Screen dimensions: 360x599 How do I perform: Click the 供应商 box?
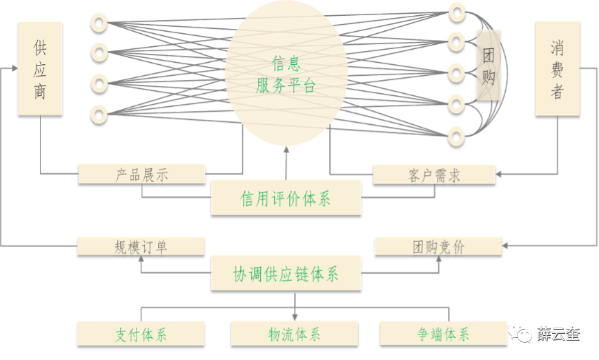40,68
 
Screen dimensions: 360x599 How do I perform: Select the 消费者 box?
558,68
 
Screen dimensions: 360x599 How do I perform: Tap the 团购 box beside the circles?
489,66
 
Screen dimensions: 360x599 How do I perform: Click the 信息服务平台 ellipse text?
285,75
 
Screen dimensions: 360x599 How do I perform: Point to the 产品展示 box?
141,174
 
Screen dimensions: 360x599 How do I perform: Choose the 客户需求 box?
434,174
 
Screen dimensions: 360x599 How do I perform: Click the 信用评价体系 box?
286,199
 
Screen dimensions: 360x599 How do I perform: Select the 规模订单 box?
141,246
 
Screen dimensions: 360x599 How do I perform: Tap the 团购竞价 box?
438,246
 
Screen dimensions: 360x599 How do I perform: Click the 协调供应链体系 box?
286,273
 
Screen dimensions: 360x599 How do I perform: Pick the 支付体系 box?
141,334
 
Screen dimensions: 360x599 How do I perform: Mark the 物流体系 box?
295,334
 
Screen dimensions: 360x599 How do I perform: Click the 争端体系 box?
443,334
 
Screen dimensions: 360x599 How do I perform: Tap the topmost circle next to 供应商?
99,22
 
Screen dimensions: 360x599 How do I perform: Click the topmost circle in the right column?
457,11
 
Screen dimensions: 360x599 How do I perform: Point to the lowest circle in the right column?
457,134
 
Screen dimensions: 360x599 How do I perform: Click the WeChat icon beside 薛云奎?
520,334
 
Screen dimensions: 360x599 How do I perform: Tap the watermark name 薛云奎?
558,334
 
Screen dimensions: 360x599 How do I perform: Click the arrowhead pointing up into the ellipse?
286,150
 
